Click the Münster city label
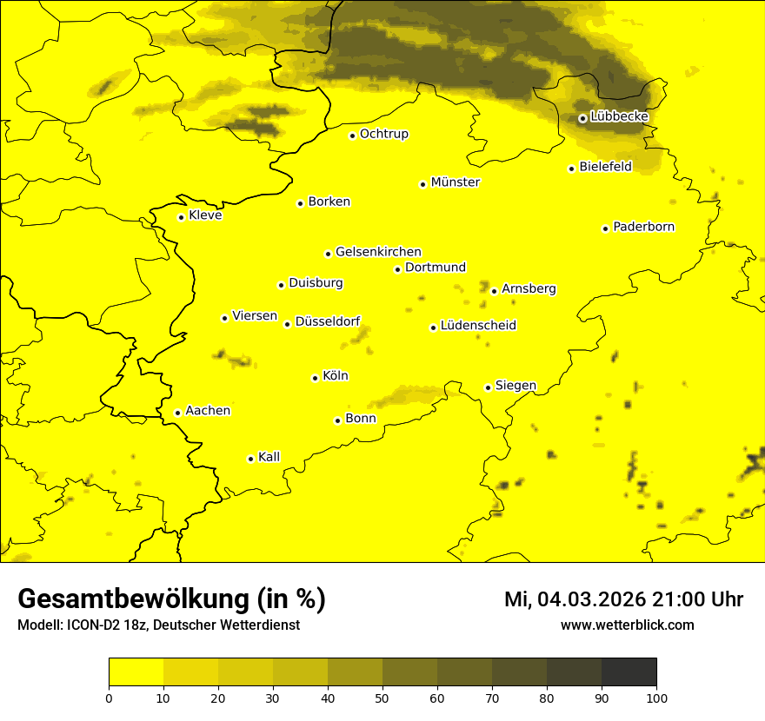coord(455,182)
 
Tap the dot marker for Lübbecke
coord(582,118)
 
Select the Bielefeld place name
coord(605,167)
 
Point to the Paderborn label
coord(643,227)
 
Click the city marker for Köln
coord(315,378)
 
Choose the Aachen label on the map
coord(207,411)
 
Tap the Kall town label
coord(269,457)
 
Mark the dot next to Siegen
coord(488,387)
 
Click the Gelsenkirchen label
coord(378,252)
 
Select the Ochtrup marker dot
coord(352,136)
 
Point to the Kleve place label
coord(205,215)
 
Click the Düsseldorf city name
coord(328,321)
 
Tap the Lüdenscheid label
coord(478,326)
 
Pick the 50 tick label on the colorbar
coord(382,698)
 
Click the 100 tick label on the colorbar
coord(656,698)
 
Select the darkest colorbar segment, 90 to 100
coord(629,672)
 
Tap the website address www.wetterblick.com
coord(627,625)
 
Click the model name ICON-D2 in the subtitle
coord(95,625)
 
